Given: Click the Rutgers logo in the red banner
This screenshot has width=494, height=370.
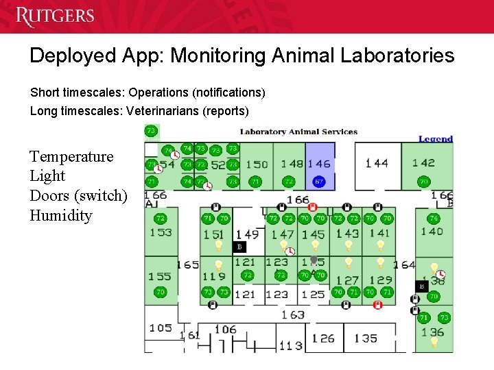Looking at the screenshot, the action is [x=54, y=16].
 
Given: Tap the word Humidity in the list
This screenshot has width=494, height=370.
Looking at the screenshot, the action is [x=60, y=215].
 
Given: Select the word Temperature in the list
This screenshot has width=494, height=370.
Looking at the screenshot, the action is [x=71, y=156].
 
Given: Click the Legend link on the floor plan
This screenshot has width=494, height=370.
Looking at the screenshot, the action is [x=436, y=138].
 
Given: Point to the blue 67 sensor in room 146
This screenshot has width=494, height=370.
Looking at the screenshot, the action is [x=318, y=182].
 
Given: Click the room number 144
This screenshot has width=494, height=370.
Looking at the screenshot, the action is [x=376, y=163].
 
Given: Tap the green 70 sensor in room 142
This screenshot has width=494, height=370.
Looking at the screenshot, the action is [x=423, y=182].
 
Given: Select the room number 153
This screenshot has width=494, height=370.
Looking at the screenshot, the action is [x=161, y=232].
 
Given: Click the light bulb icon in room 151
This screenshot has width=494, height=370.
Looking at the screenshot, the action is [x=219, y=244].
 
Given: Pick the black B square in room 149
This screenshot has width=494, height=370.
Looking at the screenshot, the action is [x=239, y=247].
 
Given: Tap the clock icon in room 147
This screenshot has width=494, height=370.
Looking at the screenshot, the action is [x=290, y=252].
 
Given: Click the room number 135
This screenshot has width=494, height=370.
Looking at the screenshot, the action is [x=366, y=338].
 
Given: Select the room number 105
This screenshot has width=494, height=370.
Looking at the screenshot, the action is [x=161, y=328].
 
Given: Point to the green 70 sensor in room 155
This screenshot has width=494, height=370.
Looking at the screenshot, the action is [x=160, y=292].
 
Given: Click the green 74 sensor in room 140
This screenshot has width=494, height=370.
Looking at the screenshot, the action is [x=433, y=219].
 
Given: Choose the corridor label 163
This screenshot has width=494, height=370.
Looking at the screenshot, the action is [x=293, y=314].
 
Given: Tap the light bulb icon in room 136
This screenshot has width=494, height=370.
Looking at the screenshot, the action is [x=434, y=341].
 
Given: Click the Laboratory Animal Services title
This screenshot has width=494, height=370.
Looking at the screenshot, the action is [x=298, y=132].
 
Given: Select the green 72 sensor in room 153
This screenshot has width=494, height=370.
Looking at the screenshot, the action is [x=160, y=219].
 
